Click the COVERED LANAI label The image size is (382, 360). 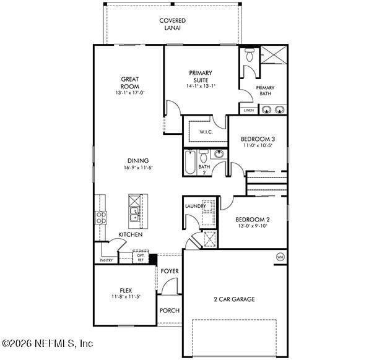tap(172, 24)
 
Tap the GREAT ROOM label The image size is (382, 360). tap(130, 82)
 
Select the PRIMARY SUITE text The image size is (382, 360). tap(201, 76)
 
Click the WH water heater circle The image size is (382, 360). tap(279, 257)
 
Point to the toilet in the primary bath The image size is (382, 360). tap(250, 55)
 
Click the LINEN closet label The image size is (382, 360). tap(248, 110)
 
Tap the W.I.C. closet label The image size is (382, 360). tap(206, 132)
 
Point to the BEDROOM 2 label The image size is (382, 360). tap(253, 220)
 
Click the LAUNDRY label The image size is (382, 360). tap(195, 206)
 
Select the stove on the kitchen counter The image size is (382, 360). tap(100, 217)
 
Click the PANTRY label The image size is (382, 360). tap(106, 260)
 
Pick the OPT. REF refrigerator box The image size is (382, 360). tap(141, 257)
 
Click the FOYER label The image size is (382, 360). tap(170, 271)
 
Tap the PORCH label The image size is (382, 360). tap(168, 311)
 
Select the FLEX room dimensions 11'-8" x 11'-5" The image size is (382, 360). tap(126, 297)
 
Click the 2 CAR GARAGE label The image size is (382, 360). tap(234, 299)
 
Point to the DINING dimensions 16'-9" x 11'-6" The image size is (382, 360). tap(138, 168)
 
